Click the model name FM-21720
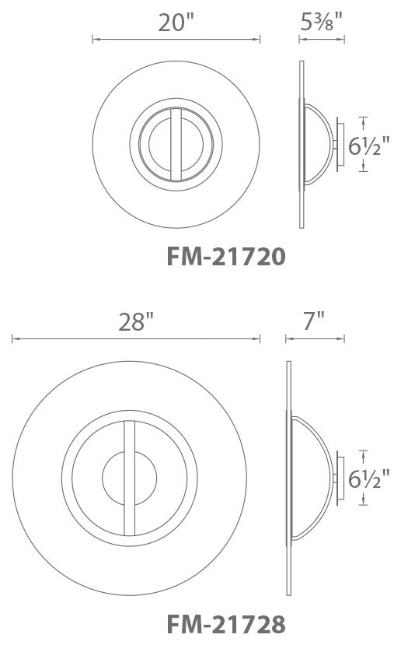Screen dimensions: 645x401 (x=226, y=256)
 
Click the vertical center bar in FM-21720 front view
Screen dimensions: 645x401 (x=176, y=145)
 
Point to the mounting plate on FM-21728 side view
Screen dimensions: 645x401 (x=334, y=478)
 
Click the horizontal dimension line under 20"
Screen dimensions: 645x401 (x=176, y=38)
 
